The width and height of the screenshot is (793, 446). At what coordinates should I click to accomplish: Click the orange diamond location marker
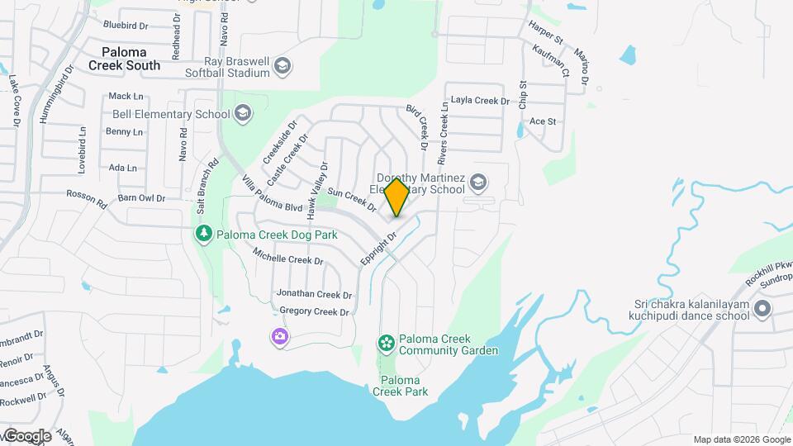(396, 197)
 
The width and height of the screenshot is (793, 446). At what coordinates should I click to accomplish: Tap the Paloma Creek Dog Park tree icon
(203, 234)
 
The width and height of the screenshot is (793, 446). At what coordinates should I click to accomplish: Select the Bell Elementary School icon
(243, 113)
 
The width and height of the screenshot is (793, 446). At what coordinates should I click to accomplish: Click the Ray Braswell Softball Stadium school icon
(283, 66)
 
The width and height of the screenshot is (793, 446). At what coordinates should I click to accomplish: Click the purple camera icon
(280, 335)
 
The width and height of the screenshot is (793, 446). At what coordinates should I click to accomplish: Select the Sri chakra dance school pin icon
(762, 310)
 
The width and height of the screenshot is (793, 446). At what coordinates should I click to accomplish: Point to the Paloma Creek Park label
(404, 386)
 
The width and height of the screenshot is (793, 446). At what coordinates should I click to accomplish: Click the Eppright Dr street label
(381, 248)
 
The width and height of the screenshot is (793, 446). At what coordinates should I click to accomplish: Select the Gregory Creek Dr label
(315, 311)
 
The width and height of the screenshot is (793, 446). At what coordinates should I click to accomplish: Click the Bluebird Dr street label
(126, 26)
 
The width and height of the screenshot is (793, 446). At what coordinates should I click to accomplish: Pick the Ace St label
(543, 121)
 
